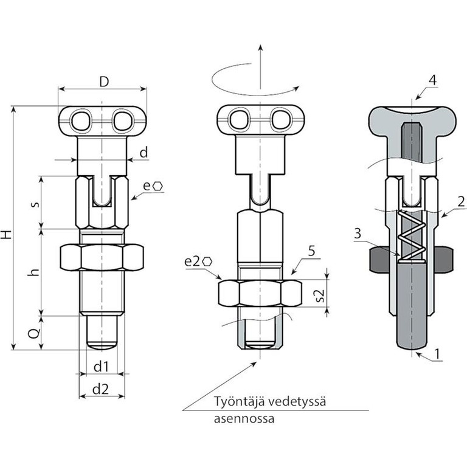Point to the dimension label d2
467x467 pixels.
pyautogui.click(x=101, y=389)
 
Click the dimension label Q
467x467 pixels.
pyautogui.click(x=34, y=333)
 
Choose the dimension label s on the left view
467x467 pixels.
pyautogui.click(x=34, y=204)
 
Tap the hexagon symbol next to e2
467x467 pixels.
pyautogui.click(x=209, y=261)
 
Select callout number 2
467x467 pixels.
pyautogui.click(x=462, y=200)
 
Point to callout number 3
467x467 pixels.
pyautogui.click(x=357, y=233)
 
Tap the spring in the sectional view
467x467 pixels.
pyautogui.click(x=411, y=237)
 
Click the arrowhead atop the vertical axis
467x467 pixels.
pyautogui.click(x=260, y=48)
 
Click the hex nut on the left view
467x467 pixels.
pyautogui.click(x=102, y=257)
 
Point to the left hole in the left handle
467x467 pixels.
pyautogui.click(x=80, y=120)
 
